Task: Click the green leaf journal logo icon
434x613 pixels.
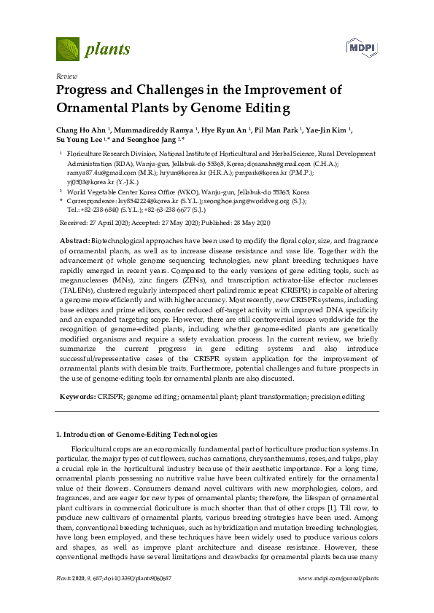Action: click(68, 49)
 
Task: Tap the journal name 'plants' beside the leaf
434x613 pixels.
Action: click(108, 50)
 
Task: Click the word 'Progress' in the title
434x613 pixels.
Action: click(89, 91)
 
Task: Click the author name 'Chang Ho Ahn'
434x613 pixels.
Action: click(78, 130)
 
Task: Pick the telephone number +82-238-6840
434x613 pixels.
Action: click(97, 208)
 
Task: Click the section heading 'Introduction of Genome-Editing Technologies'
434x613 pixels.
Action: click(141, 435)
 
